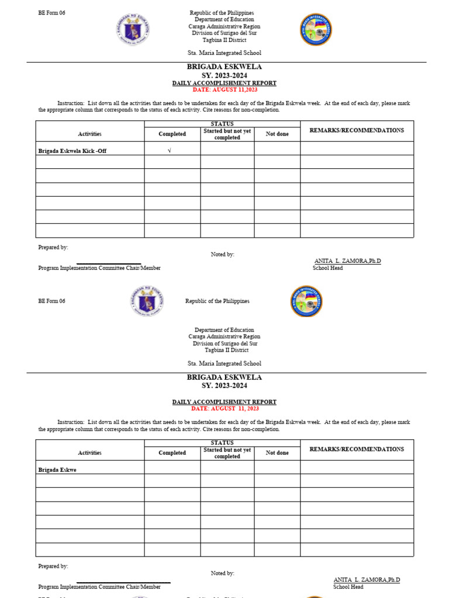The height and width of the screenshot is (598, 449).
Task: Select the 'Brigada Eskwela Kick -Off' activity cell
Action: coord(72,151)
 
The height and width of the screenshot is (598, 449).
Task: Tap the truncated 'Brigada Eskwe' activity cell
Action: coord(57,470)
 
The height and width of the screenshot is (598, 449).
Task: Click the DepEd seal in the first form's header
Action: coord(133,30)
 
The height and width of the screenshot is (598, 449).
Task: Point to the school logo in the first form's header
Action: coord(316,30)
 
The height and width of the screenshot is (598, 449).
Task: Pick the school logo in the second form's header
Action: coord(306,301)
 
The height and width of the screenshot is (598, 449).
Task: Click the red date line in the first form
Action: coord(224,90)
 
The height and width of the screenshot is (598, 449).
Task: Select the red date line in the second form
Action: coord(224,409)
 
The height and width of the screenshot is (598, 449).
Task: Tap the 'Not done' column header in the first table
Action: coord(277,134)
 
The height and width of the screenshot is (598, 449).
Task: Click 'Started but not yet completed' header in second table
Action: coord(227,453)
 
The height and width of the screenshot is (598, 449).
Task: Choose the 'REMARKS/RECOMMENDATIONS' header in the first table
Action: coord(357,130)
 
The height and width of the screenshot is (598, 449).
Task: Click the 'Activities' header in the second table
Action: coord(89,453)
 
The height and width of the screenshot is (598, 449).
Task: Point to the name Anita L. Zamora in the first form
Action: coord(347,261)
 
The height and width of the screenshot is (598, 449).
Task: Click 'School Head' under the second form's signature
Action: coord(348,587)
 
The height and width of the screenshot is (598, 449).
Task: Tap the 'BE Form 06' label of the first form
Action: coord(51,13)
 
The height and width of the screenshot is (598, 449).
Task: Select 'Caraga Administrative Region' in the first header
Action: coord(224,26)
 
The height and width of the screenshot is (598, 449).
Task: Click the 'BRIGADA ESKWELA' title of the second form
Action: coord(224,377)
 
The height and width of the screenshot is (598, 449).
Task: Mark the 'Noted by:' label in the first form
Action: coord(222,255)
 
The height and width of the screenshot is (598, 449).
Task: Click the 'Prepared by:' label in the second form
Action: coord(53,566)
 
